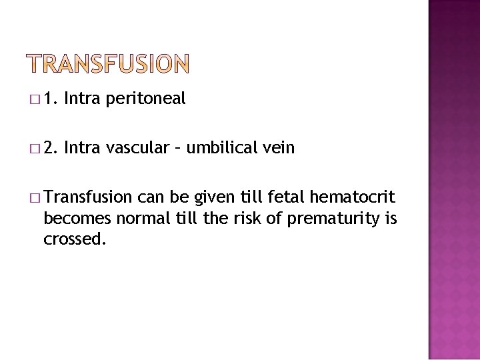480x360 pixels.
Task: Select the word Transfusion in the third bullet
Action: pyautogui.click(x=88, y=197)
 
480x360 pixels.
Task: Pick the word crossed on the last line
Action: pyautogui.click(x=74, y=239)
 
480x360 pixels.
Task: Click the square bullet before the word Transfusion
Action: pyautogui.click(x=34, y=198)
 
